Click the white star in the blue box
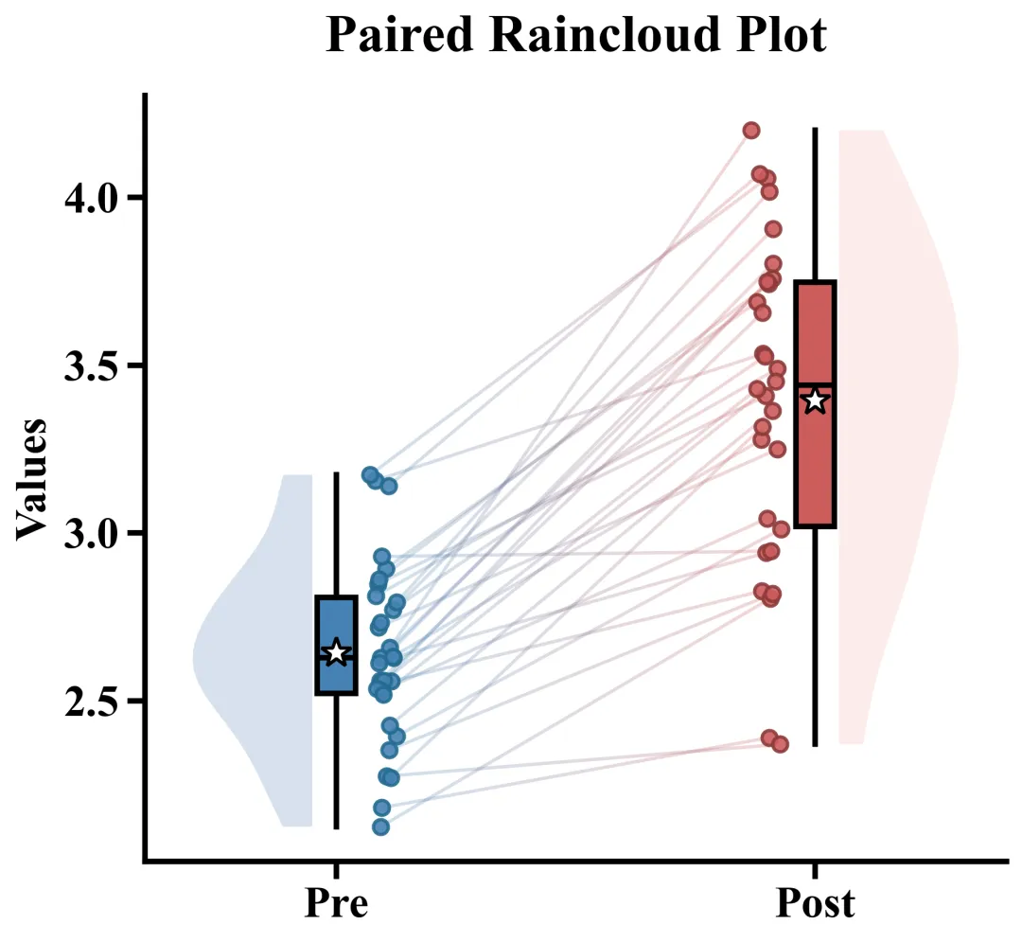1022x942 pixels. coord(336,652)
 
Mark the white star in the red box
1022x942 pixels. coord(815,400)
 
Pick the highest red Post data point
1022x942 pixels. coord(751,130)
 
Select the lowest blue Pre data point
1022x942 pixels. coord(380,826)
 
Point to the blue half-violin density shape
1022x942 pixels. coord(260,653)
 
